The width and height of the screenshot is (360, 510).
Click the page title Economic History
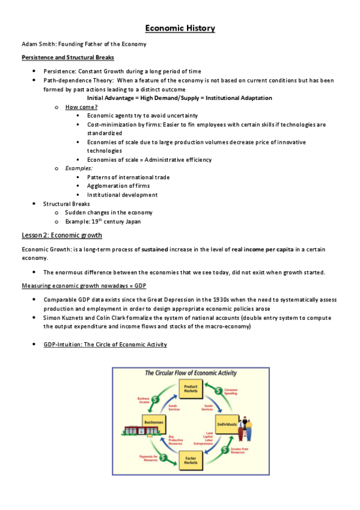click(180, 28)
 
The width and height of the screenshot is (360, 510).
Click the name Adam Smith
click(35, 45)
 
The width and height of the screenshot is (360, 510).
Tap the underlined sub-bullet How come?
click(81, 106)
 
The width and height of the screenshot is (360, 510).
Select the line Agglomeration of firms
click(118, 186)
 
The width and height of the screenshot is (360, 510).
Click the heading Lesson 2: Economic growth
click(61, 235)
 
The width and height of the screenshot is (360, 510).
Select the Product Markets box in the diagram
click(191, 389)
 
